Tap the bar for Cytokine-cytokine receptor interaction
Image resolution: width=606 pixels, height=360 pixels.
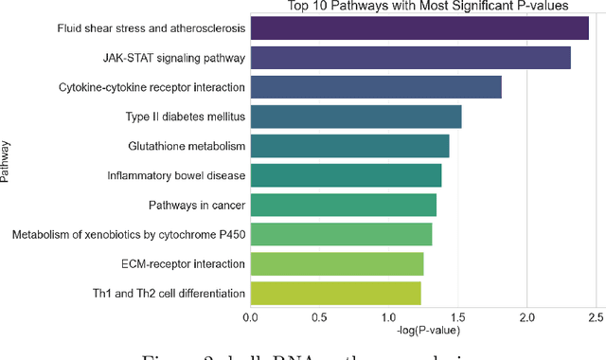(x=375, y=87)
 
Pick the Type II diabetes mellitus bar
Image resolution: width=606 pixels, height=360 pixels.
(x=355, y=117)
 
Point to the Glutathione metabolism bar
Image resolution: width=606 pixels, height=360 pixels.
(x=349, y=146)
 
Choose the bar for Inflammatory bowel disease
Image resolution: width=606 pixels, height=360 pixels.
(x=346, y=175)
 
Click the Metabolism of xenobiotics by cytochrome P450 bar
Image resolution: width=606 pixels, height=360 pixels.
(x=341, y=234)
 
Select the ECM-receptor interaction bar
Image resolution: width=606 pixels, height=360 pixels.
(x=336, y=263)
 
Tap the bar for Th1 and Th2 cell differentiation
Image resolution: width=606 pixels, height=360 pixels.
(x=335, y=293)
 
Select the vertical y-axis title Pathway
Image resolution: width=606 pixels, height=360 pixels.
(x=8, y=161)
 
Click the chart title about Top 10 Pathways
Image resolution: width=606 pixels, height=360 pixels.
(x=426, y=6)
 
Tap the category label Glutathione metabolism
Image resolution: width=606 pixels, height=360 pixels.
(x=187, y=146)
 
